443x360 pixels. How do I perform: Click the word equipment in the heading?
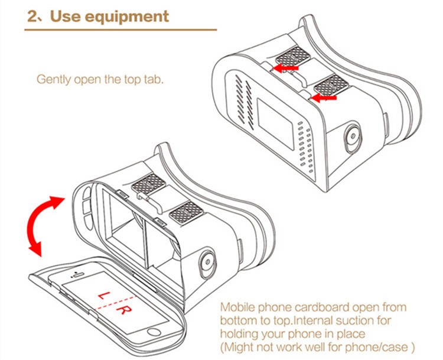tap(127, 17)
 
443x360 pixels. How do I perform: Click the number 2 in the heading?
tap(32, 17)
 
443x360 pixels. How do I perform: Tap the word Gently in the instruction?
tap(54, 80)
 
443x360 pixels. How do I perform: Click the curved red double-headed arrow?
tap(44, 225)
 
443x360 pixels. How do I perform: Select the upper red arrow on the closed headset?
tap(286, 68)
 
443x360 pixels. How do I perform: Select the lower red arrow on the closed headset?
tap(324, 98)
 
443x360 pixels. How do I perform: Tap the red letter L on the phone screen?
tap(103, 295)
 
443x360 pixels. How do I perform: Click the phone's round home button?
tap(154, 332)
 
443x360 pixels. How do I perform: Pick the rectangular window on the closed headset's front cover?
tap(276, 124)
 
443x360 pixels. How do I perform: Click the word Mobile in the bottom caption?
tap(238, 307)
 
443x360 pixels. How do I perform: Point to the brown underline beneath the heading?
tap(120, 30)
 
